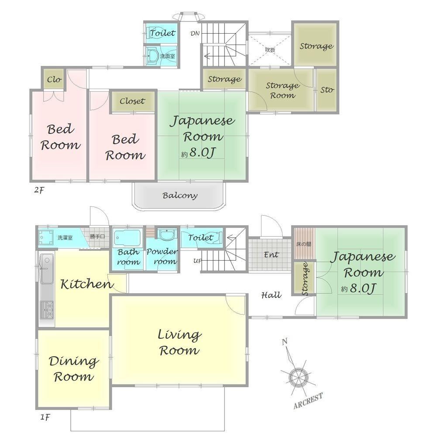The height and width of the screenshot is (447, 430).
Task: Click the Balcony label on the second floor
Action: (180, 196)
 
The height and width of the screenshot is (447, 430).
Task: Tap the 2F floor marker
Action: (39, 190)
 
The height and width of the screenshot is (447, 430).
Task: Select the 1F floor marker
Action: (45, 417)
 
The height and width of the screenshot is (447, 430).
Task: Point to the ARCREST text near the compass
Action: (308, 401)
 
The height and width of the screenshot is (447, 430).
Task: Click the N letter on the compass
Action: (284, 341)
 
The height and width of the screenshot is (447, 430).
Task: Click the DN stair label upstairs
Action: (195, 33)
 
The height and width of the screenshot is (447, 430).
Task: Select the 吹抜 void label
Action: (270, 50)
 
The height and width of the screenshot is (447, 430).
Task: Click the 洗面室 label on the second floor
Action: (167, 56)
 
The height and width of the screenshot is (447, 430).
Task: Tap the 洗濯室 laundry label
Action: (65, 237)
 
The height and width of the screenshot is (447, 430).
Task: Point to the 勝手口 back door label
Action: (97, 236)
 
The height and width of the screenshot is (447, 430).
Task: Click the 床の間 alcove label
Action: (303, 244)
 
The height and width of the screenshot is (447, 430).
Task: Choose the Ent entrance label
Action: (271, 254)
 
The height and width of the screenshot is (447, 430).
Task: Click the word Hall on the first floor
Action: (271, 295)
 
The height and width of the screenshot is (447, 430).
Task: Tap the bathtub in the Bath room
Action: (128, 238)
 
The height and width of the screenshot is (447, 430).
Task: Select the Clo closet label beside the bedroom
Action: (54, 79)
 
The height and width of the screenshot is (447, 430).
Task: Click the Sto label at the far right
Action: (327, 90)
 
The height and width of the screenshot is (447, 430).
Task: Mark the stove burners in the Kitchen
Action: (47, 310)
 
